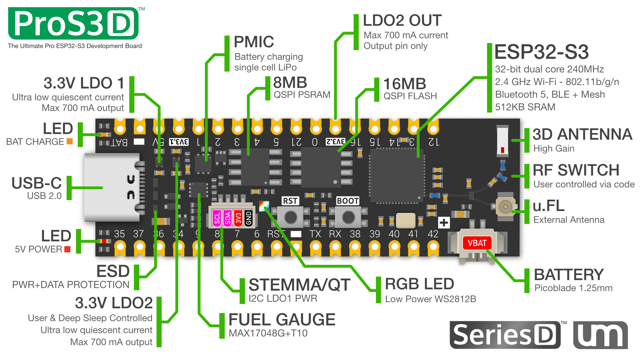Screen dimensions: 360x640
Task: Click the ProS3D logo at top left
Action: pyautogui.click(x=73, y=23)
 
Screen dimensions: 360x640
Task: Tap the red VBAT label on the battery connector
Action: pyautogui.click(x=477, y=243)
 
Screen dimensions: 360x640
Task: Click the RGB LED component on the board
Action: pyautogui.click(x=264, y=206)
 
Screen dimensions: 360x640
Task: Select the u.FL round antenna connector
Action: pyautogui.click(x=505, y=207)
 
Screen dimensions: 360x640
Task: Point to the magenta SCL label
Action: pyautogui.click(x=217, y=218)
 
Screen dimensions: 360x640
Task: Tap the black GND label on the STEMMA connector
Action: pyautogui.click(x=248, y=218)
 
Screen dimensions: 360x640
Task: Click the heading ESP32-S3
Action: pyautogui.click(x=541, y=52)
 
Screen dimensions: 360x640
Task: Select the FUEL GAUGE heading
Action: pyautogui.click(x=282, y=320)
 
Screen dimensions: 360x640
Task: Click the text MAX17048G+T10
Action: pyautogui.click(x=268, y=333)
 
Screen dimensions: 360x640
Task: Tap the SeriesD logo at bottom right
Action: pyautogui.click(x=505, y=335)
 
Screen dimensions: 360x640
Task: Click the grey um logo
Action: pyautogui.click(x=600, y=335)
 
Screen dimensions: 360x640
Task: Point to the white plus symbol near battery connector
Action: pyautogui.click(x=444, y=223)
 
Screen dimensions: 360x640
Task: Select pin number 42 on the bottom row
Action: pyautogui.click(x=433, y=234)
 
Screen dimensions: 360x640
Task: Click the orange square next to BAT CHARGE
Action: pyautogui.click(x=70, y=141)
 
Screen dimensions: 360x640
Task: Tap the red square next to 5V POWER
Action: pyautogui.click(x=67, y=249)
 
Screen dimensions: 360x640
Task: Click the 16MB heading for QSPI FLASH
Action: pyautogui.click(x=404, y=84)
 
